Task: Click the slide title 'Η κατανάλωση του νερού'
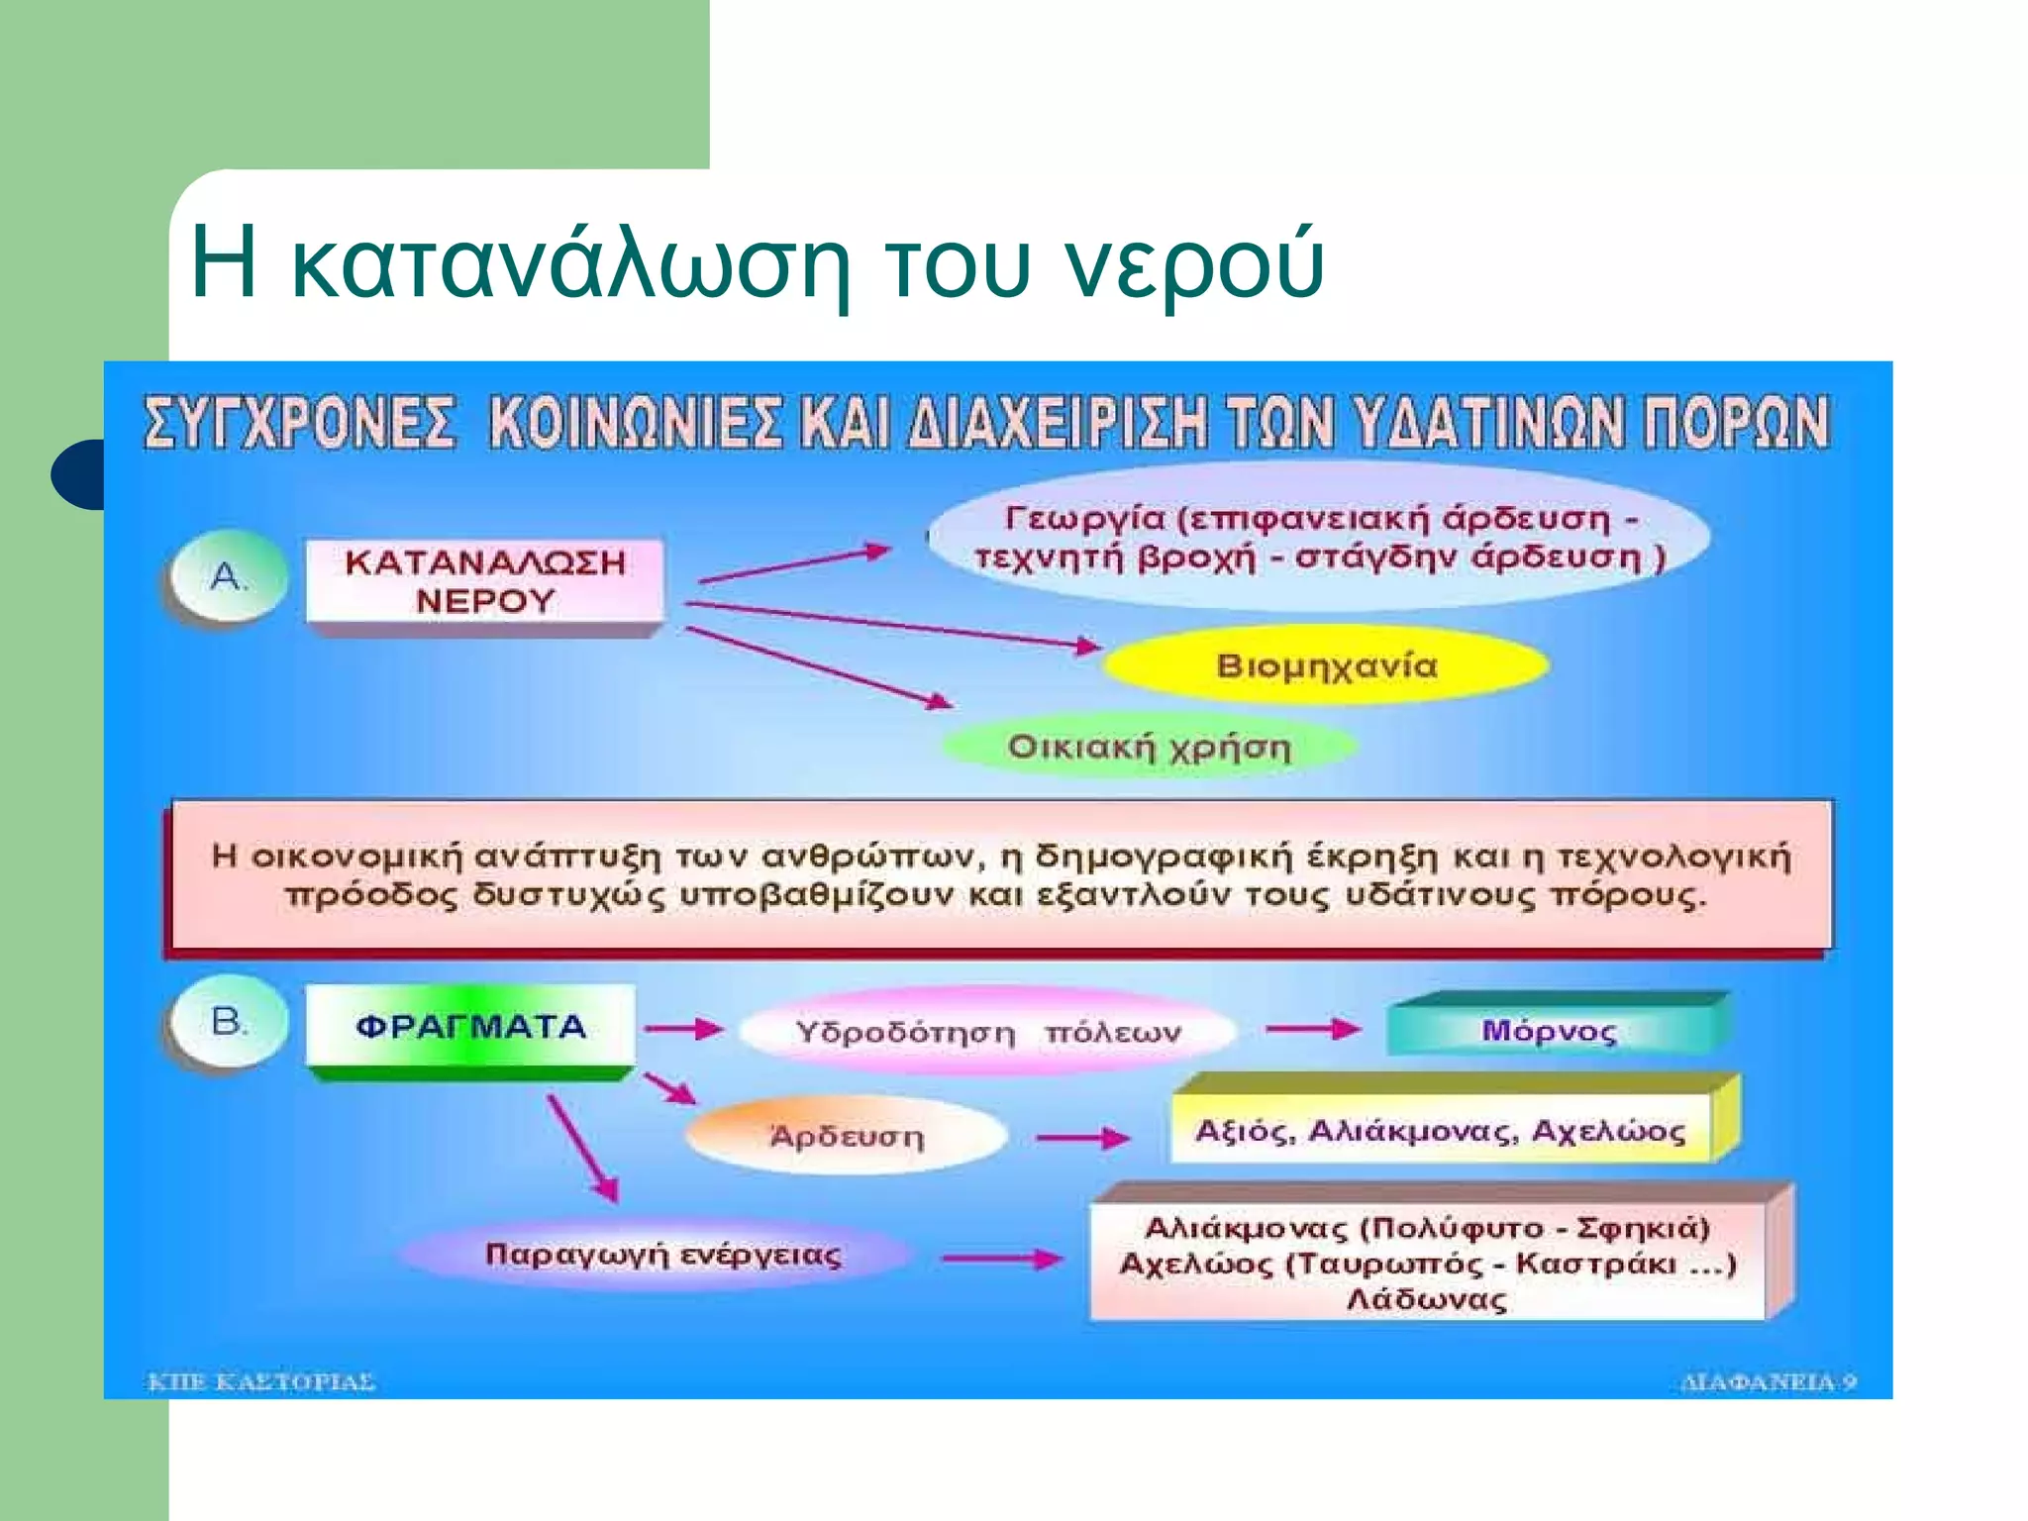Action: tap(757, 261)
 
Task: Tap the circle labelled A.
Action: tap(229, 576)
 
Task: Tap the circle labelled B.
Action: tap(229, 1022)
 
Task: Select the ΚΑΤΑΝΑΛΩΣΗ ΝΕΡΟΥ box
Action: tap(484, 581)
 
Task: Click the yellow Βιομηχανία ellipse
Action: tap(1326, 665)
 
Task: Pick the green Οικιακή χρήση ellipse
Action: tap(1149, 747)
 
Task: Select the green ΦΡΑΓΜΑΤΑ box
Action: tap(470, 1027)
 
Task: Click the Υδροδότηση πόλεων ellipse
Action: tap(987, 1032)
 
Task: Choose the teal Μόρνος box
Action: tap(1550, 1031)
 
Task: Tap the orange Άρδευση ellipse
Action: tap(847, 1136)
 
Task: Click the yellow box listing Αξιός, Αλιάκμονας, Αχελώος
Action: tap(1441, 1130)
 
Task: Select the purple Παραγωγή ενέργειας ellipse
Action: tap(662, 1255)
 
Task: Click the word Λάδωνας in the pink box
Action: tap(1427, 1299)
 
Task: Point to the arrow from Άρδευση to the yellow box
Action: tap(1083, 1139)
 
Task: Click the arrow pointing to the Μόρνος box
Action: tap(1313, 1030)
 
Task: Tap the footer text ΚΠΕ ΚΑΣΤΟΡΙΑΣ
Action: tap(261, 1381)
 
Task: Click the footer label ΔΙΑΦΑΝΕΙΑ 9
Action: tap(1768, 1381)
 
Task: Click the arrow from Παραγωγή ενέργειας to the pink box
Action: tap(1002, 1260)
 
